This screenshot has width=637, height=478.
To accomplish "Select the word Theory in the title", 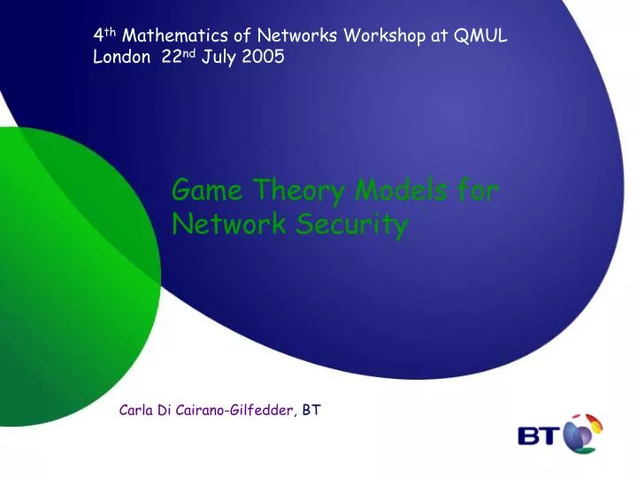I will [296, 190].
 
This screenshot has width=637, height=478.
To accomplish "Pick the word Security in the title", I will [359, 226].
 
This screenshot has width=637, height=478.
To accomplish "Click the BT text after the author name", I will [311, 410].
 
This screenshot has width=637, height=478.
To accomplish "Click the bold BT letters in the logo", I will [541, 436].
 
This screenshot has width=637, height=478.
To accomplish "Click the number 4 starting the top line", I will [97, 36].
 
